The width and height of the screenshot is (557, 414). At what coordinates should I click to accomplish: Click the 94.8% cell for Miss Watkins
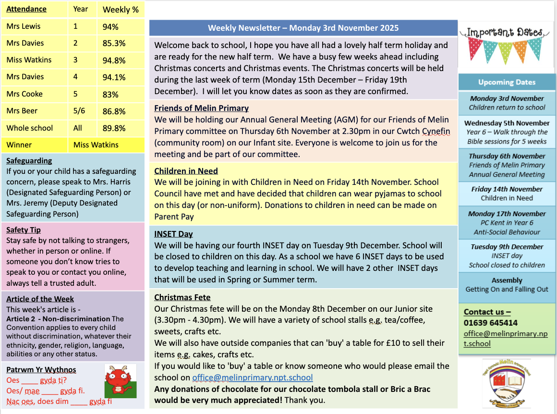click(x=114, y=60)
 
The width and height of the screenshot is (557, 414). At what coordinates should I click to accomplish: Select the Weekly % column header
click(x=121, y=9)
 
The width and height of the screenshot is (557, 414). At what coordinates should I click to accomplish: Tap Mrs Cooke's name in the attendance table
click(x=24, y=94)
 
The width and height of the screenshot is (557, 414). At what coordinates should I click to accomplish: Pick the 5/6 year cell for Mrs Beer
click(x=79, y=111)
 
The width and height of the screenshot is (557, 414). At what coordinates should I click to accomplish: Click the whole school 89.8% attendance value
click(x=114, y=128)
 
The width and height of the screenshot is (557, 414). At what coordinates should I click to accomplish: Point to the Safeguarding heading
click(x=29, y=160)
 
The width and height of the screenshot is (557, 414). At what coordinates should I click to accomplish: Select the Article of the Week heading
click(x=40, y=299)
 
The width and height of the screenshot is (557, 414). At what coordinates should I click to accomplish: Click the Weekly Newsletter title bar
click(x=303, y=28)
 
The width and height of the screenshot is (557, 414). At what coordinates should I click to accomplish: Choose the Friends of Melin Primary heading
click(x=201, y=108)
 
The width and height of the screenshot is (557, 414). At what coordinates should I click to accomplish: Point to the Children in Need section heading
click(x=186, y=170)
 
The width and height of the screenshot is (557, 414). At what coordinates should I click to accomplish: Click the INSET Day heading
click(x=173, y=234)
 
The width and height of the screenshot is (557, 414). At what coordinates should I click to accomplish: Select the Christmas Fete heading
click(x=182, y=297)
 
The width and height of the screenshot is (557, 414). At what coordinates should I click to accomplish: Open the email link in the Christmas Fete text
click(x=252, y=377)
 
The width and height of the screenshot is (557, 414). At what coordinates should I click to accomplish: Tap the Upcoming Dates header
click(x=507, y=82)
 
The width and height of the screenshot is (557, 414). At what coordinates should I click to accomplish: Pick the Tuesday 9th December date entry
click(x=507, y=247)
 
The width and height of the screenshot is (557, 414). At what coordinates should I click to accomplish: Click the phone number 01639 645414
click(x=490, y=323)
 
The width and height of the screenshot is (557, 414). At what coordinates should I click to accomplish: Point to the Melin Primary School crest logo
click(x=507, y=383)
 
